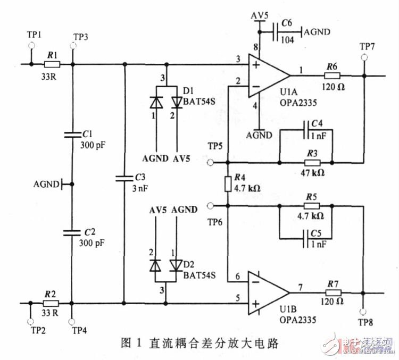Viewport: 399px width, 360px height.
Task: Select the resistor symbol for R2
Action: point(52,304)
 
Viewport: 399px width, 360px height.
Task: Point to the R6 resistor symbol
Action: point(332,76)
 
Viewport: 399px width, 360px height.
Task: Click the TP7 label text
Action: point(367,47)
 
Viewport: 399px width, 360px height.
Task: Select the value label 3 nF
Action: point(140,187)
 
